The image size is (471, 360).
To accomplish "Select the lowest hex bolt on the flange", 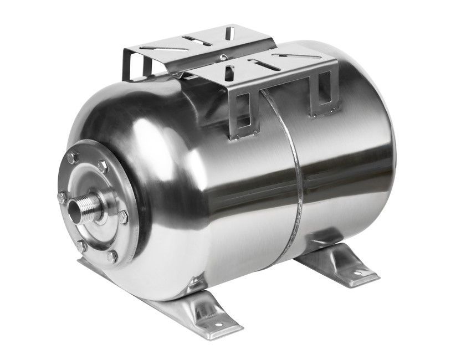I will (112, 256).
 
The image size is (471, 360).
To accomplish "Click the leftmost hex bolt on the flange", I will (61, 197).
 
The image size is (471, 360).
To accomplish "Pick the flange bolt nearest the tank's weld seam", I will (123, 217).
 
